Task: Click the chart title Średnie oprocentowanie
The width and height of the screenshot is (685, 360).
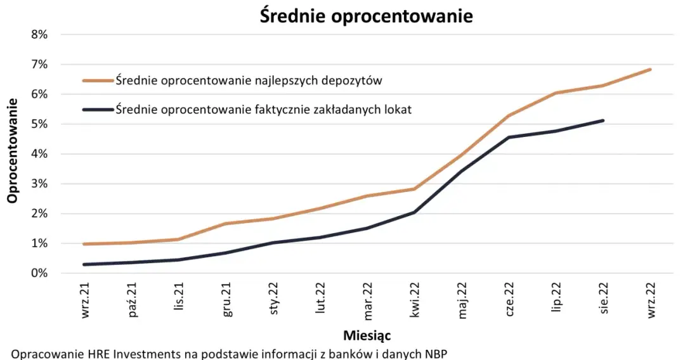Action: click(366, 16)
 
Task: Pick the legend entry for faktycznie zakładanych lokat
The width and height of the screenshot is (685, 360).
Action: click(263, 110)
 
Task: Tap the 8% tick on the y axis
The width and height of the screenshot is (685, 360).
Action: click(39, 34)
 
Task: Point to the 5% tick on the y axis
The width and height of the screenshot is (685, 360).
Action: click(39, 124)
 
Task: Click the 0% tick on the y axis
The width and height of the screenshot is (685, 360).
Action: click(39, 273)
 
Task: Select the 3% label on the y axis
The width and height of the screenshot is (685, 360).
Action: click(39, 184)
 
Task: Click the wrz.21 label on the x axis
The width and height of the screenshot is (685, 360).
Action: click(86, 301)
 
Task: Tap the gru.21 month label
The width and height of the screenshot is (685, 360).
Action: click(226, 301)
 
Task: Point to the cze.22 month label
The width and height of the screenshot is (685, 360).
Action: click(509, 301)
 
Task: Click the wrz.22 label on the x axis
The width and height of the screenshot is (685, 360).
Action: click(650, 301)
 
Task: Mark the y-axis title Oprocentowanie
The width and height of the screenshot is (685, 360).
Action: click(12, 153)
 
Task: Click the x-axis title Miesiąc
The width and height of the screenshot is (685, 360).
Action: click(366, 334)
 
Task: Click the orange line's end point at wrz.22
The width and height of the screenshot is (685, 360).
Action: click(650, 70)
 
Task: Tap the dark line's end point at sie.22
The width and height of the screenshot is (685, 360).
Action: click(603, 120)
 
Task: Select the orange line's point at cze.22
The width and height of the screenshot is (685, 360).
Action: click(509, 115)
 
